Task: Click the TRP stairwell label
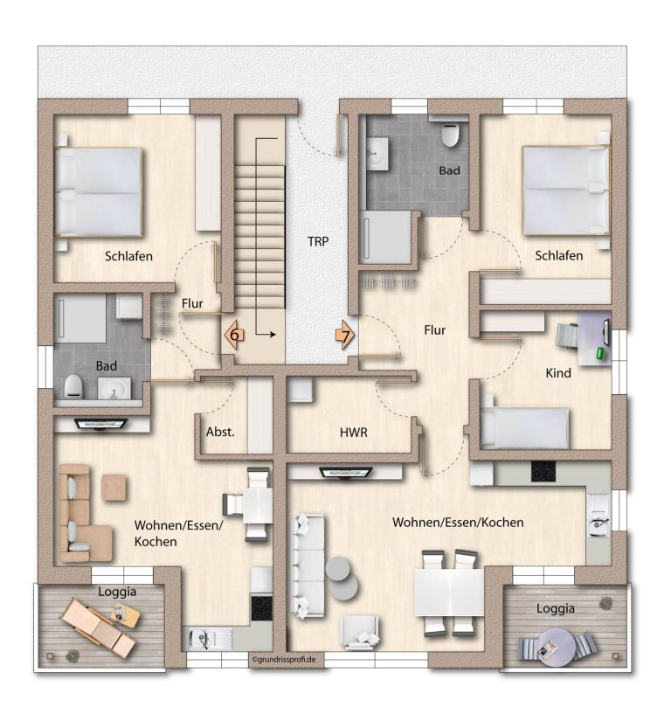point(318,241)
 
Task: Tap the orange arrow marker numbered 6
point(233,334)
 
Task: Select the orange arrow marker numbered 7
point(346,334)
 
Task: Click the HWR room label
point(354,433)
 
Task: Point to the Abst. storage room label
point(220,432)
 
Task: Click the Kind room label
point(558,373)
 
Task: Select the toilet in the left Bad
point(73,386)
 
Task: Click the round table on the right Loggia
point(556,648)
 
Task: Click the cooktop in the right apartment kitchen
point(543,471)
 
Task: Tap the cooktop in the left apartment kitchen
point(261,608)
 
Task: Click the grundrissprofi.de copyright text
point(284,659)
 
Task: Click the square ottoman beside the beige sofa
point(114,487)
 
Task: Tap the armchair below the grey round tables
point(360,631)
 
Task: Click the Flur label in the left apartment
point(192,303)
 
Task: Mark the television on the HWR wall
point(346,473)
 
